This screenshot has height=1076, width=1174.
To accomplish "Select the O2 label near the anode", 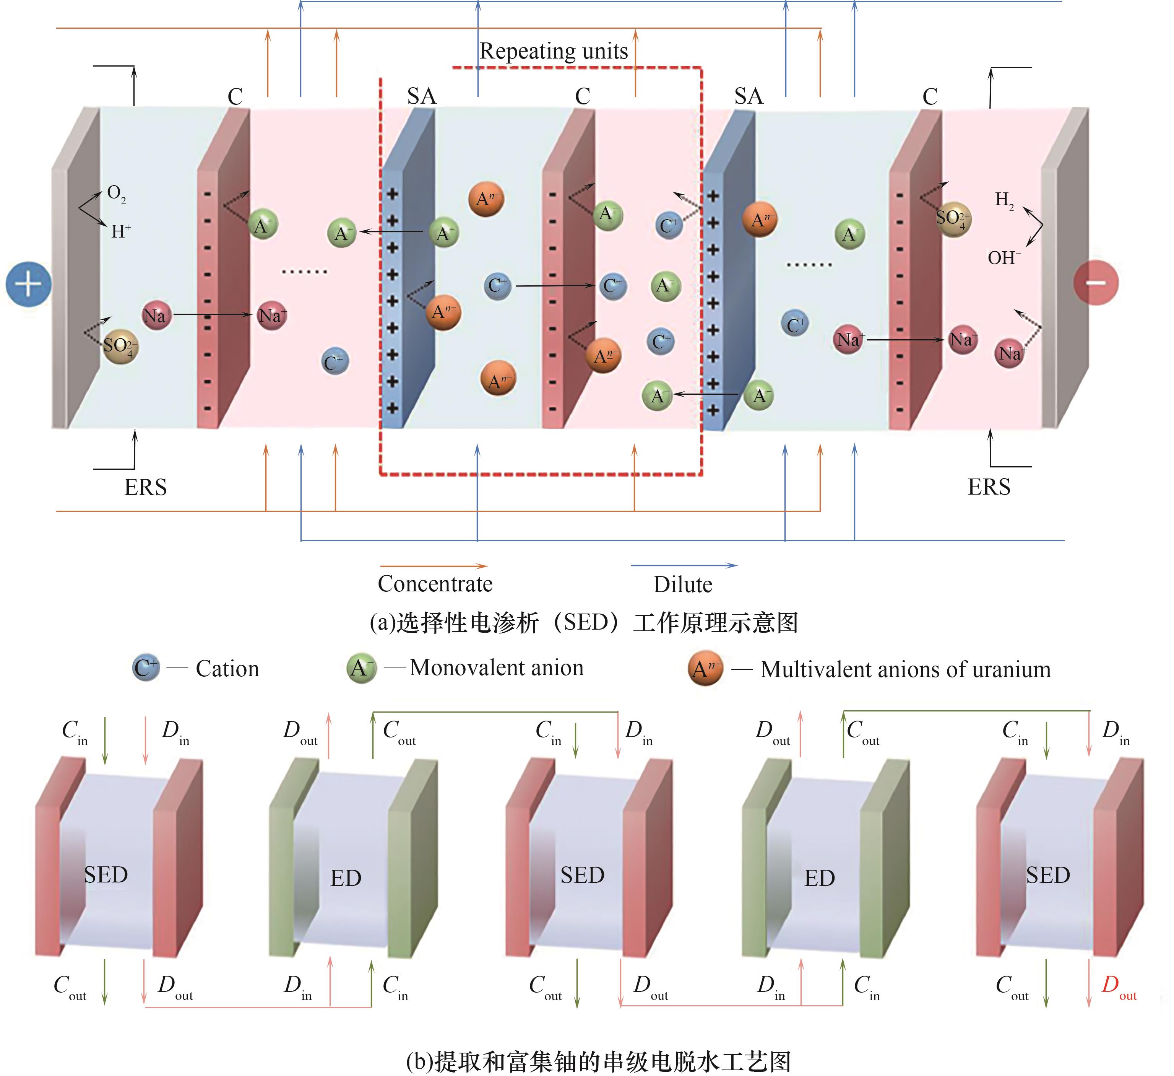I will (x=116, y=194).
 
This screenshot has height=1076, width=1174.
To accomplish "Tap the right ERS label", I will (x=989, y=487).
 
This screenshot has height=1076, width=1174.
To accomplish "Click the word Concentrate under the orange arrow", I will (x=435, y=584).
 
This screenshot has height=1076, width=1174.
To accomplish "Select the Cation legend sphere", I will (x=146, y=667).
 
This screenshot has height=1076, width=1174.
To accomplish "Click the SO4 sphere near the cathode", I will (x=953, y=219).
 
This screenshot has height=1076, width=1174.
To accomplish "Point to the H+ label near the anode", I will (x=120, y=231).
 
